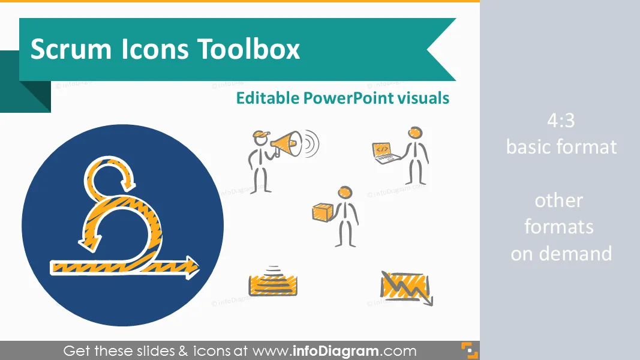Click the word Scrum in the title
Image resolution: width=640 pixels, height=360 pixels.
tap(71, 49)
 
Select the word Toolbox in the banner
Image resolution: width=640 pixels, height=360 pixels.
tap(249, 49)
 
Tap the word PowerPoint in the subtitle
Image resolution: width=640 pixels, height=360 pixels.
tap(348, 98)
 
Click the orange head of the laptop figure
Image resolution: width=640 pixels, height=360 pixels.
tap(415, 133)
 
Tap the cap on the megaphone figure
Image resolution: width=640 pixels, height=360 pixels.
tap(261, 134)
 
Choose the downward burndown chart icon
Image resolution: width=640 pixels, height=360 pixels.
tap(407, 288)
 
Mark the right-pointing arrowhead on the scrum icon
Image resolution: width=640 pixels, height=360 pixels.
tap(191, 267)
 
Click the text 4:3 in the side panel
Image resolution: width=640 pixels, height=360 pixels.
tap(561, 121)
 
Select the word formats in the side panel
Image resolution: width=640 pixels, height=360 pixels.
tap(559, 227)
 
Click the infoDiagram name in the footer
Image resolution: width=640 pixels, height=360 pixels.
tap(335, 350)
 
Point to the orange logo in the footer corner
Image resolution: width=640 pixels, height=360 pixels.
tap(470, 350)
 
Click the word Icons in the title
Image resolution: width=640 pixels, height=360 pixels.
tap(155, 49)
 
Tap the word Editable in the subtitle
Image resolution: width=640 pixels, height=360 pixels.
tap(268, 98)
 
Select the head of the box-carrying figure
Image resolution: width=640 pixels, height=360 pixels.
tap(345, 193)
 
